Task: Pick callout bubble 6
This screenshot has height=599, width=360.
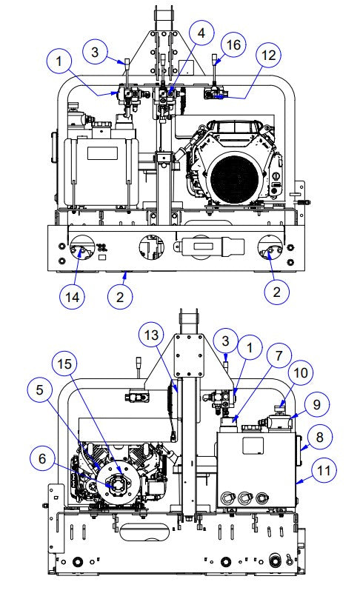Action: [43, 459]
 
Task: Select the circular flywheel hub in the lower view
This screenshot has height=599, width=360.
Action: [119, 485]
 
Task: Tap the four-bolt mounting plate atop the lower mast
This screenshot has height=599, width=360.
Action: [190, 355]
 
